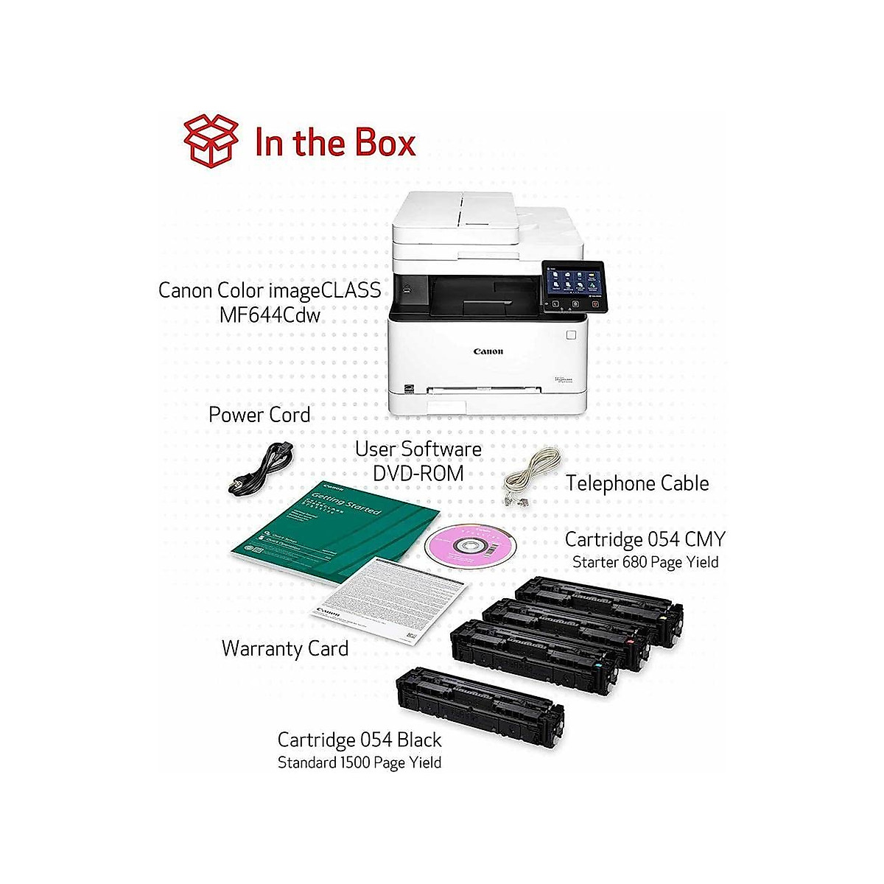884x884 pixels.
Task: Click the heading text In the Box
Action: tap(335, 142)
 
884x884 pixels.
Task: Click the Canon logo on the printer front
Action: tap(488, 351)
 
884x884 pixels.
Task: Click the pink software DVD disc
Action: tap(469, 544)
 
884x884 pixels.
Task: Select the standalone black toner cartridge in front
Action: tap(480, 706)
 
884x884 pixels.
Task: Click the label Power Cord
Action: tap(259, 415)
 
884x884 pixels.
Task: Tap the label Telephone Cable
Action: tap(637, 483)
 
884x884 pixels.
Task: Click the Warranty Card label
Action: tap(284, 649)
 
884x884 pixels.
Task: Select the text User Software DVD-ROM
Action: tap(418, 460)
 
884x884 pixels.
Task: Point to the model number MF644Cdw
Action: tap(270, 315)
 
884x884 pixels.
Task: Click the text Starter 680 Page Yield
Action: tap(645, 562)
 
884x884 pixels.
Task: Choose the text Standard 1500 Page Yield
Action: tap(359, 762)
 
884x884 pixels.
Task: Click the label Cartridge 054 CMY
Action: tap(645, 539)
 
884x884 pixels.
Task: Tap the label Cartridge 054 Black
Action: tap(359, 740)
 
